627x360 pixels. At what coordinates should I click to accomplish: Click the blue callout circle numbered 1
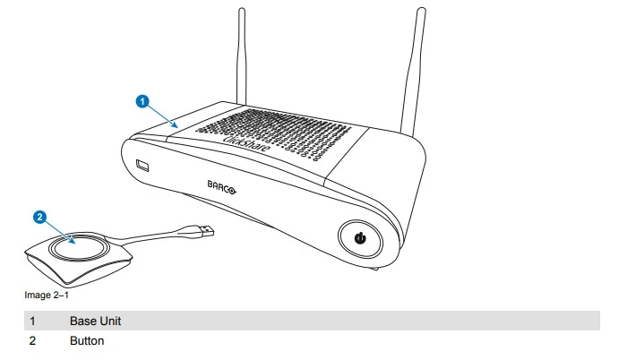click(x=142, y=101)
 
